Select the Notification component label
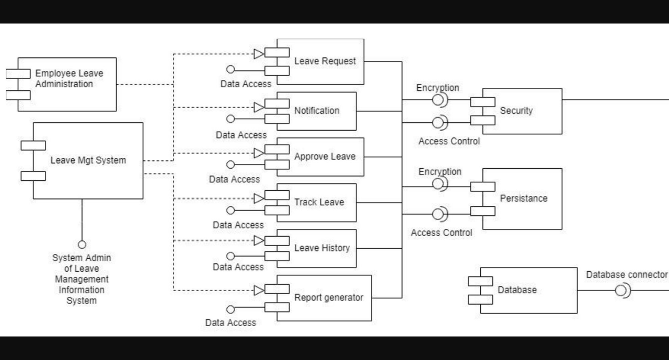(317, 111)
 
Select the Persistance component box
(523, 199)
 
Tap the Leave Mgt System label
(88, 160)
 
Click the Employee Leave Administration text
(69, 79)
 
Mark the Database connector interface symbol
(621, 290)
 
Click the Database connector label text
(626, 275)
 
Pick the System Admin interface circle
(82, 245)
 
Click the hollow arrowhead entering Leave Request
(258, 53)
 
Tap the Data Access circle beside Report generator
(230, 309)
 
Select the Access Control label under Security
(449, 141)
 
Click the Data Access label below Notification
(241, 135)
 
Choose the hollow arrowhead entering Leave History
(258, 240)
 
